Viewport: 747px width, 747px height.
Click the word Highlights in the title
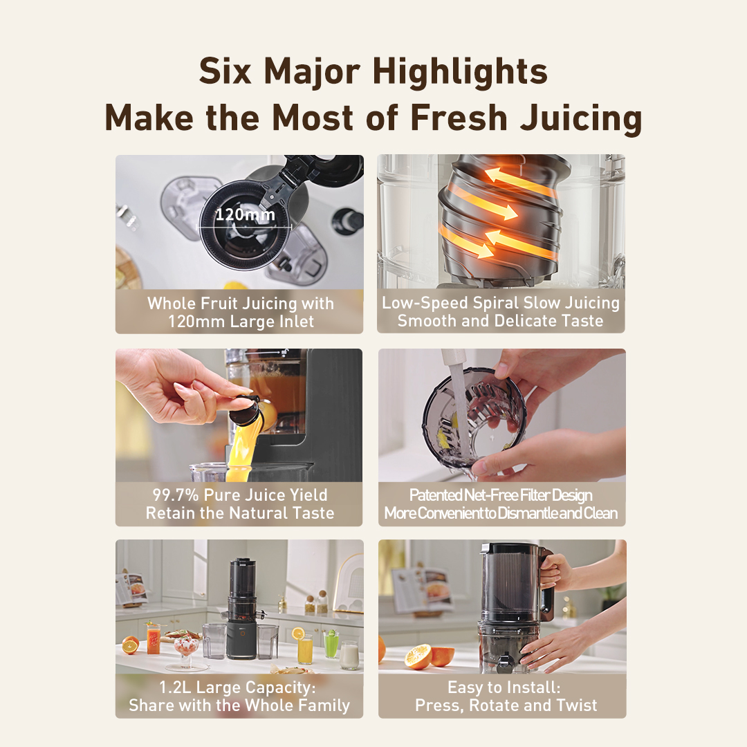tap(460, 71)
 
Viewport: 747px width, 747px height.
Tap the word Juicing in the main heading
tap(581, 118)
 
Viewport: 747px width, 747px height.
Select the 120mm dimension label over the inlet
tap(246, 214)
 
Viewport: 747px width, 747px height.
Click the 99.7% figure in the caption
tap(175, 495)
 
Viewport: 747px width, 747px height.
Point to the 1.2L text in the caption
tap(175, 687)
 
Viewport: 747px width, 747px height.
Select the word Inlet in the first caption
tap(296, 322)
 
